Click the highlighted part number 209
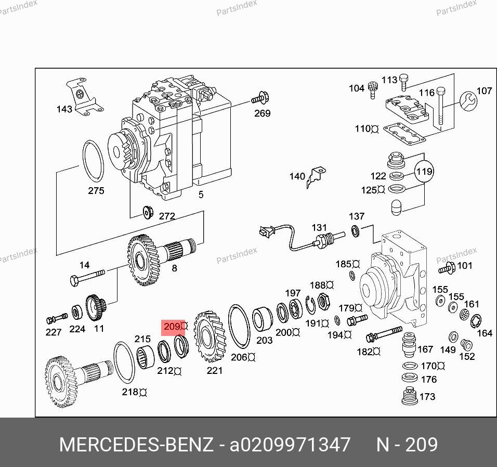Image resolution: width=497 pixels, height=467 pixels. point(172,326)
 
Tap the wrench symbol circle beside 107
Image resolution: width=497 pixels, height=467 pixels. point(468,101)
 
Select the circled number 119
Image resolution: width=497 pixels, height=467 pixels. point(424,172)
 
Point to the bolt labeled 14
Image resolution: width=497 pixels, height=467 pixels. point(87,277)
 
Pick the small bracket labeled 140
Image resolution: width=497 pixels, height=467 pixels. point(316,178)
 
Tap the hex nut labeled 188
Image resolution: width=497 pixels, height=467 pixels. point(323,301)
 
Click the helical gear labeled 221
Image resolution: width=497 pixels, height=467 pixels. point(210,337)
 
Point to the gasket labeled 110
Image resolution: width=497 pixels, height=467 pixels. point(404,134)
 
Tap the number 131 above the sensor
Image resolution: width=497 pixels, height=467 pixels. point(319,228)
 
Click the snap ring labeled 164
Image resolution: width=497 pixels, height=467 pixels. point(476,321)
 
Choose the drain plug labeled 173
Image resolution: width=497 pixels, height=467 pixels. point(409,396)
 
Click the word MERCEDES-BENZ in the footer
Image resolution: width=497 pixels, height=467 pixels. point(136,445)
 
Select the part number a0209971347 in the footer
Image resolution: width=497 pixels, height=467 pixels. point(290,445)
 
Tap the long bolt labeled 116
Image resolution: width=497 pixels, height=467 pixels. point(441,107)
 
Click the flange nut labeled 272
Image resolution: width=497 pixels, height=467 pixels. point(148,212)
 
